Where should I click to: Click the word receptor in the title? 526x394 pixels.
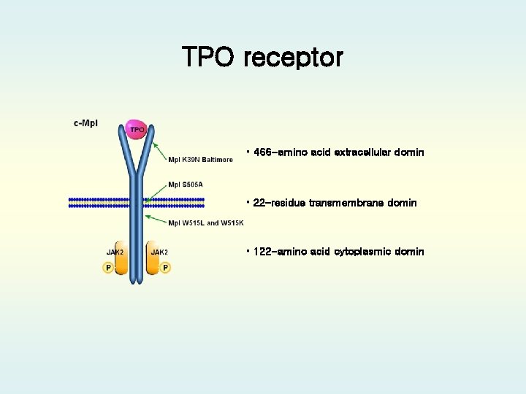coord(294,58)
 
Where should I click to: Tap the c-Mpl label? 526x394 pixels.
coord(85,123)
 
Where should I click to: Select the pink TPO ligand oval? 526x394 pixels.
coord(137,130)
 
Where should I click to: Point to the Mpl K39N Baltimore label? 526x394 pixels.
coord(200,160)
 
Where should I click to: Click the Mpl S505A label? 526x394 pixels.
coord(186,185)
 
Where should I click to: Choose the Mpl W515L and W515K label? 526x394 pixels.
coord(205,223)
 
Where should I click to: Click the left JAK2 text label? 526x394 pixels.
coord(115,252)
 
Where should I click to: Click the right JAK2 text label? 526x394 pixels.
coord(159,252)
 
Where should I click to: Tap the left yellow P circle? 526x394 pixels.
coord(108,268)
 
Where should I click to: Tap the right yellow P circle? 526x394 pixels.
coord(166,268)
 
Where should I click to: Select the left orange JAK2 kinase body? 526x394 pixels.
coord(121,263)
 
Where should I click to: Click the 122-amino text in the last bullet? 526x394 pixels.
coord(277,252)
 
